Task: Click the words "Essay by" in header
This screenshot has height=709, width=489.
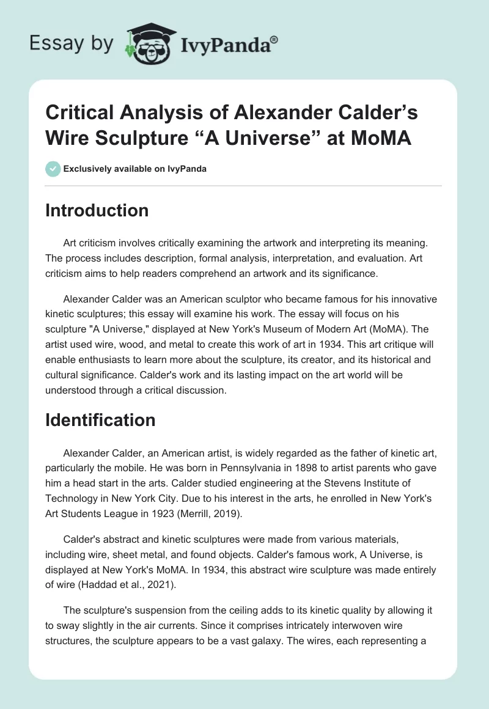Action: [x=72, y=43]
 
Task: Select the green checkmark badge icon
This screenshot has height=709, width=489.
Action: [x=53, y=169]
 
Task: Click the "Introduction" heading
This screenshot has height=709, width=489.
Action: [x=97, y=210]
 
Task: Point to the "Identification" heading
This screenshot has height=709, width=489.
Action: [x=100, y=420]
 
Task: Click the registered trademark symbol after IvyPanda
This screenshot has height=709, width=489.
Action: [x=274, y=38]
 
